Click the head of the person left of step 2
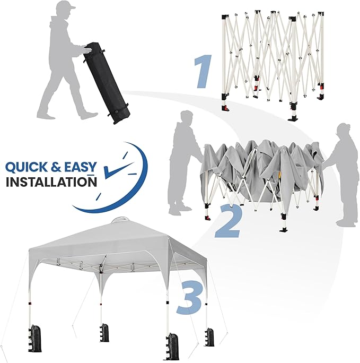click(186, 118)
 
